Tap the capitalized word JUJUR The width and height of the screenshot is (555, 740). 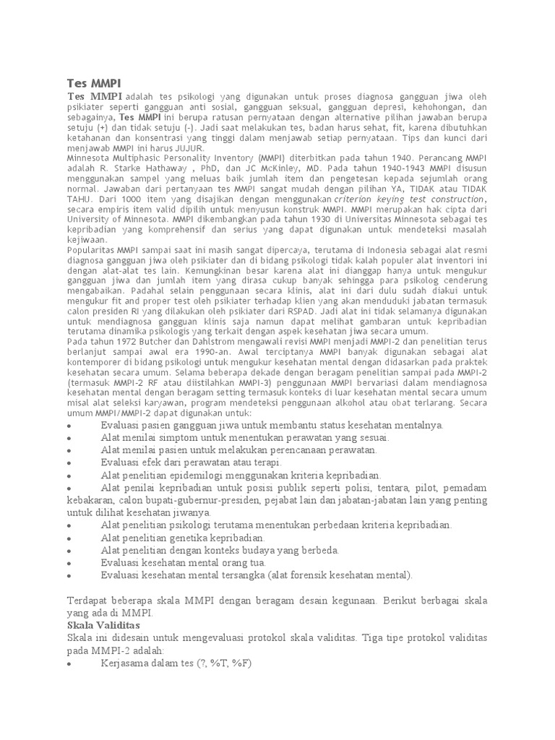point(190,147)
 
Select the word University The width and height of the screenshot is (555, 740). point(90,219)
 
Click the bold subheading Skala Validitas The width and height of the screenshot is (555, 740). point(103,624)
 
